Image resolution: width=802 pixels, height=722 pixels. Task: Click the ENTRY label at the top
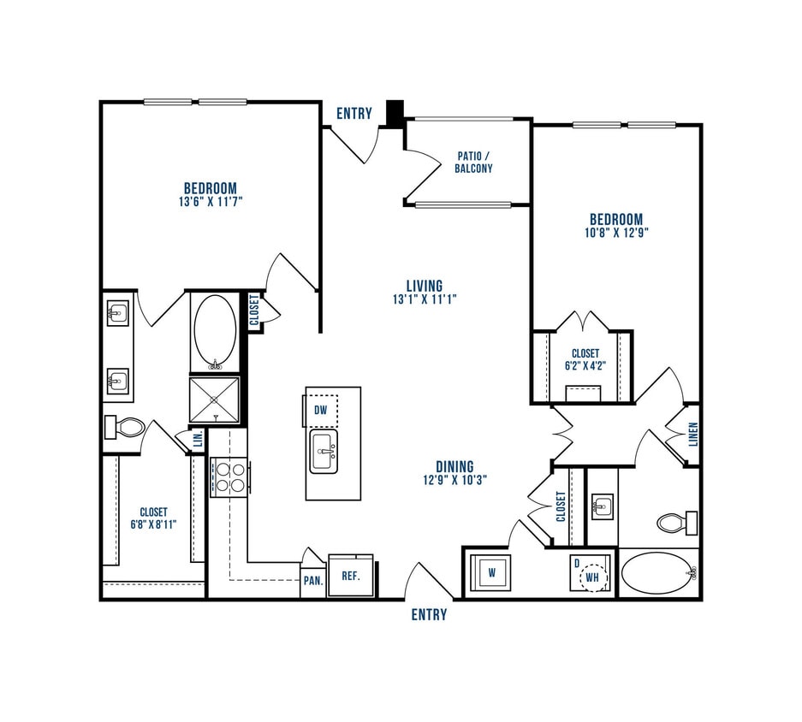tap(353, 114)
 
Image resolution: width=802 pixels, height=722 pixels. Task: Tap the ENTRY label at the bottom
tap(428, 614)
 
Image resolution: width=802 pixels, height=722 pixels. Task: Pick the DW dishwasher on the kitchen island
tap(321, 410)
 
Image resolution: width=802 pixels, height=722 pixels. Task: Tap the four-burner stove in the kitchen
tap(229, 476)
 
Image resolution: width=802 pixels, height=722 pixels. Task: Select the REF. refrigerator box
tap(350, 576)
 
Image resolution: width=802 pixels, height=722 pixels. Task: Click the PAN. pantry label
tap(312, 580)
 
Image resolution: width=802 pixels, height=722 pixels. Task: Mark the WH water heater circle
tap(592, 579)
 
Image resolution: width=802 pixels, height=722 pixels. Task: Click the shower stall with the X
tap(214, 399)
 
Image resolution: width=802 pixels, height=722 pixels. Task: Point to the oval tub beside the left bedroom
tap(216, 330)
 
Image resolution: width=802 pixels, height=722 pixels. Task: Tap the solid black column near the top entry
tap(395, 113)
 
